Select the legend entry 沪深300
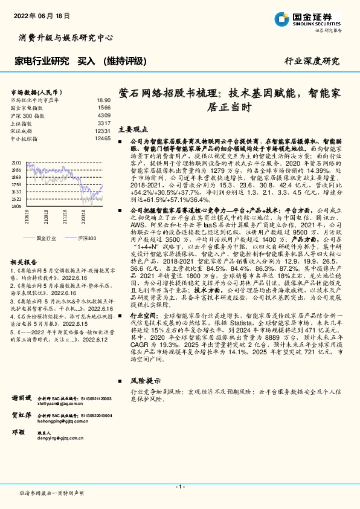tap(86, 238)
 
